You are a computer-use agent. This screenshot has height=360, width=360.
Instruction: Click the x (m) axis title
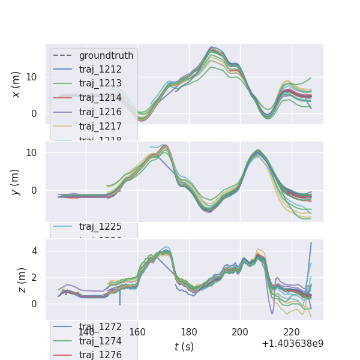pyautogui.click(x=16, y=84)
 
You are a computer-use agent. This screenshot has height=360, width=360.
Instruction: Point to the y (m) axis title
pyautogui.click(x=16, y=182)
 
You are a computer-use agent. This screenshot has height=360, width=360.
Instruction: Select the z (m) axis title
pyautogui.click(x=22, y=280)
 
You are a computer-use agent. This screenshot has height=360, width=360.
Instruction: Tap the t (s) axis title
pyautogui.click(x=184, y=346)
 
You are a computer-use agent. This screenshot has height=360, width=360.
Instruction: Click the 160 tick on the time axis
pyautogui.click(x=138, y=332)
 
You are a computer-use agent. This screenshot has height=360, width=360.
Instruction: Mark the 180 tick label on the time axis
pyautogui.click(x=189, y=332)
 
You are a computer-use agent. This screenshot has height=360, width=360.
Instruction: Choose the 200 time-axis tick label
pyautogui.click(x=241, y=332)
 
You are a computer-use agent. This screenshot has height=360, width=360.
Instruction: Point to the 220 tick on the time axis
pyautogui.click(x=292, y=332)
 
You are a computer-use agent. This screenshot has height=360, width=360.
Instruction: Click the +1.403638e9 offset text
pyautogui.click(x=292, y=343)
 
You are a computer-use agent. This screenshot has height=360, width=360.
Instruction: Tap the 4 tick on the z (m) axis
pyautogui.click(x=35, y=251)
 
